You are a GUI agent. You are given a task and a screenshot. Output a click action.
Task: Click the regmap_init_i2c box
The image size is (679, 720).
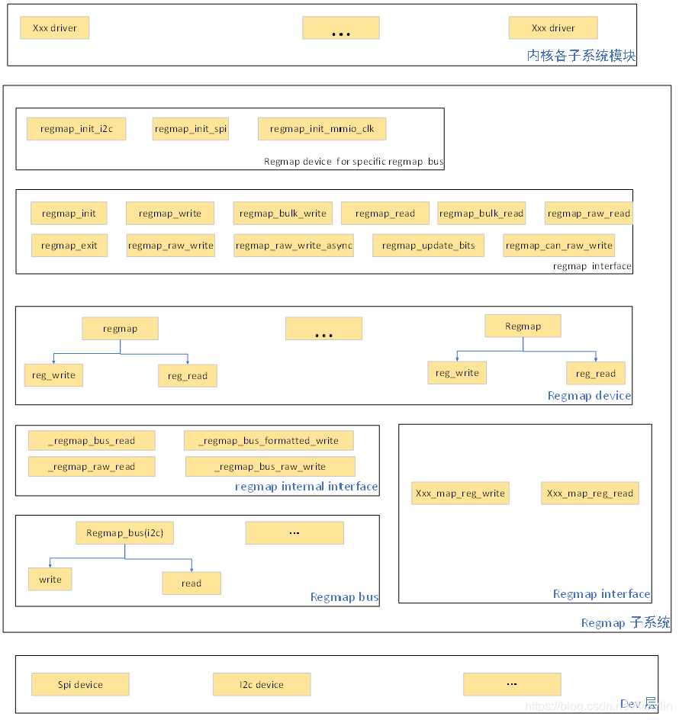(76, 129)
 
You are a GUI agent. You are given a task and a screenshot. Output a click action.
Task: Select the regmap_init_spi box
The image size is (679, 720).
(191, 129)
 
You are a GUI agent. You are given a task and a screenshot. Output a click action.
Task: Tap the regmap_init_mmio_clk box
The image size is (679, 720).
(322, 129)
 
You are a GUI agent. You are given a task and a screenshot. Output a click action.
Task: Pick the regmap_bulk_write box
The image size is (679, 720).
(282, 214)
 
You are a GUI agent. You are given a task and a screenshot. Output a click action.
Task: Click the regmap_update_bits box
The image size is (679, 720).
(428, 246)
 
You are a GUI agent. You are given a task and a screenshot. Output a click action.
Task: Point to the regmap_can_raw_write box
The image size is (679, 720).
(558, 246)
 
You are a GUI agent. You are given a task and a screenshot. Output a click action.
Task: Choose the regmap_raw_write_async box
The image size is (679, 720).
(294, 246)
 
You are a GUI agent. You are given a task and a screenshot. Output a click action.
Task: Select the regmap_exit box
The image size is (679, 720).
(69, 246)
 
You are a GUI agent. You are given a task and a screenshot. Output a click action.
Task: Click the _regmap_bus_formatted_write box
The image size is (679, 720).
(269, 441)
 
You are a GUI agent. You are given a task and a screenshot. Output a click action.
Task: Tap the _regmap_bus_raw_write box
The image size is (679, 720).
(270, 467)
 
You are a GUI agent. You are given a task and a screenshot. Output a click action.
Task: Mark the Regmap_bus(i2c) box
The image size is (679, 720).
(125, 533)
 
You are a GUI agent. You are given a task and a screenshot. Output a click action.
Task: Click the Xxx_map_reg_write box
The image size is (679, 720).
(460, 493)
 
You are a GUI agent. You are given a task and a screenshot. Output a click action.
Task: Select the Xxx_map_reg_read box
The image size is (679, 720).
(590, 493)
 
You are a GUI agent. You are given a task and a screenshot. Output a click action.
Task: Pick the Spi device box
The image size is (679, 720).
(80, 684)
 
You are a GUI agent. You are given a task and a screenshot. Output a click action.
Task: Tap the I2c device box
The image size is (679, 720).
(262, 684)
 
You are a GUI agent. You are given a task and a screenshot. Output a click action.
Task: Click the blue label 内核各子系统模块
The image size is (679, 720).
(581, 56)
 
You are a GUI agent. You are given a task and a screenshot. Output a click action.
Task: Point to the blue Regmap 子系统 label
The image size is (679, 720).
(625, 622)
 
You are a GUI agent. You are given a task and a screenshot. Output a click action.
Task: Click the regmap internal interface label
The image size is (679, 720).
(306, 487)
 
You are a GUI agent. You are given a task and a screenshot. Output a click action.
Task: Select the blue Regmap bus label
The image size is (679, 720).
(344, 597)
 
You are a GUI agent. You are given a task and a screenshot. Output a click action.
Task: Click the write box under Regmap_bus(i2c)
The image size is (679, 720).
(50, 580)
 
